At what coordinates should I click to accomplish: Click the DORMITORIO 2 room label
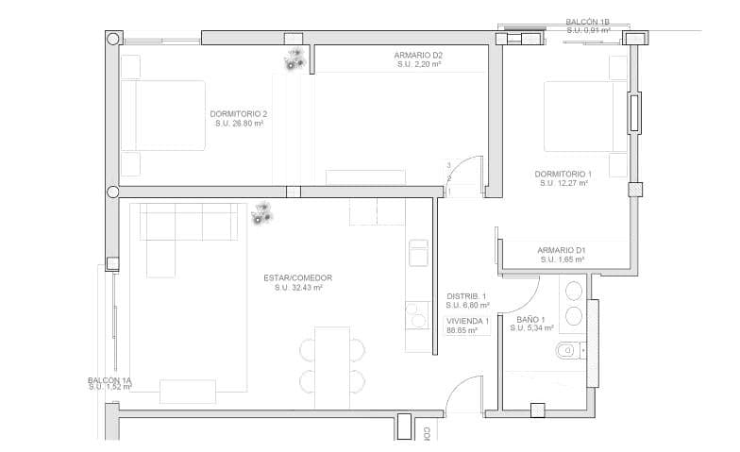click(238, 113)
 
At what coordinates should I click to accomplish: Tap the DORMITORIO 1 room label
click(563, 174)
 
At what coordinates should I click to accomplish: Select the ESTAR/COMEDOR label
click(297, 277)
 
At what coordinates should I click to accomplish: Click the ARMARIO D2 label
click(418, 55)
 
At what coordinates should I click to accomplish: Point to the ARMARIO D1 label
click(563, 249)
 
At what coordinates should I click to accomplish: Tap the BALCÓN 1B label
click(588, 21)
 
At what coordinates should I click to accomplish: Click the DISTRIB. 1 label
click(467, 295)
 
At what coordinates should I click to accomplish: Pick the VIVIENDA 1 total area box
click(467, 326)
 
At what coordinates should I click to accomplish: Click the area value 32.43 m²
click(297, 288)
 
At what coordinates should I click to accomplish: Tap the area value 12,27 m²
click(564, 184)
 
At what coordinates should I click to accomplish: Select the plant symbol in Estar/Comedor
click(261, 214)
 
